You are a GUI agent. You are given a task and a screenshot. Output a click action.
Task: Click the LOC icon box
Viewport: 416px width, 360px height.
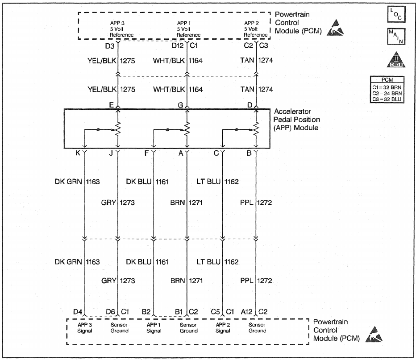395,15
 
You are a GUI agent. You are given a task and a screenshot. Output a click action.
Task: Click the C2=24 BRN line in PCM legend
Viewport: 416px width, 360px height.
387,93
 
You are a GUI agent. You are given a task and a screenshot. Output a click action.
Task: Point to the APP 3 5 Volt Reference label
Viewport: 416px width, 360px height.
122,29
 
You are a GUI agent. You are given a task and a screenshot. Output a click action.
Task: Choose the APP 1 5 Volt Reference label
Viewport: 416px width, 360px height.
188,29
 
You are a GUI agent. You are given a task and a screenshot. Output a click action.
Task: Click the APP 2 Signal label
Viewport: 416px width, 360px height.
223,328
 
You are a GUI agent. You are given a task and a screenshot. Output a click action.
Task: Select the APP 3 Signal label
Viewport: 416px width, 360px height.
85,328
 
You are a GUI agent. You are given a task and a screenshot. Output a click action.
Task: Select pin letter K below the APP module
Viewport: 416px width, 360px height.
78,153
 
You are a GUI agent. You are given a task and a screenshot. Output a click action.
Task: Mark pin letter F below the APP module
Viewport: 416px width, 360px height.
147,153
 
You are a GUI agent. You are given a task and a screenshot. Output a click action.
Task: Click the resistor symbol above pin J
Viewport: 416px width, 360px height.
118,130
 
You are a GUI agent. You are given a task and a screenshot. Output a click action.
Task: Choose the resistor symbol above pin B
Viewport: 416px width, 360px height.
256,130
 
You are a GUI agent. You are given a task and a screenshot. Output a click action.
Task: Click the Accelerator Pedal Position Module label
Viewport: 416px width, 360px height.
296,120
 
